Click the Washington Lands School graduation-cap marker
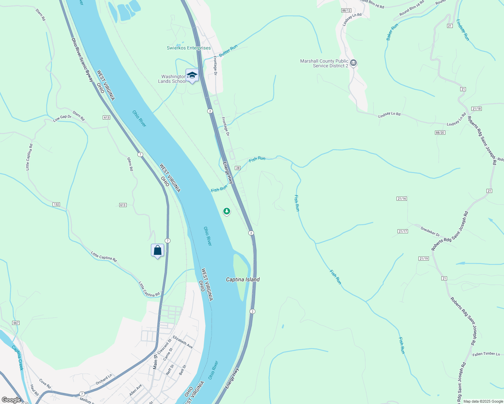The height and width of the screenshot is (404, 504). click(x=192, y=75)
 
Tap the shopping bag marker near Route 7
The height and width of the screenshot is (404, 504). click(x=157, y=250)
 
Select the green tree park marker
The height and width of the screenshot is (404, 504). click(x=227, y=211)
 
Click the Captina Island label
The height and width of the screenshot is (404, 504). click(x=243, y=279)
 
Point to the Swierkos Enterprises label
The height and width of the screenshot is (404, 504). click(x=189, y=48)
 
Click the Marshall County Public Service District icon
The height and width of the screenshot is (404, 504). click(x=353, y=63)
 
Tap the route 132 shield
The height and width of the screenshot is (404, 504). click(x=56, y=204)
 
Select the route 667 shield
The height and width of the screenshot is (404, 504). click(x=16, y=323)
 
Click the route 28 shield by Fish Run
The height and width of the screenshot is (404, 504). click(x=238, y=168)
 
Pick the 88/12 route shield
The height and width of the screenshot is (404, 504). click(x=346, y=10)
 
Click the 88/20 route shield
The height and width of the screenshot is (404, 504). click(x=440, y=133)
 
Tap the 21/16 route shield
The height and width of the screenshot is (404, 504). click(x=402, y=199)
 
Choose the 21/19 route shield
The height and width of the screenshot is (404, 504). click(x=423, y=259)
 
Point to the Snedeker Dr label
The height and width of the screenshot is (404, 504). click(x=430, y=231)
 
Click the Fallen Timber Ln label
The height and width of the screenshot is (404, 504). click(x=486, y=354)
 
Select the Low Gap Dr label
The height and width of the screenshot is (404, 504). click(x=62, y=118)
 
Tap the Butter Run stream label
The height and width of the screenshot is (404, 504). click(x=228, y=51)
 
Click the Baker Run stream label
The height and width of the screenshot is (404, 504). click(x=392, y=32)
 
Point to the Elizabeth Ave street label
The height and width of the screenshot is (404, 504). click(x=183, y=342)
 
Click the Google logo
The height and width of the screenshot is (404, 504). click(x=11, y=400)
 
